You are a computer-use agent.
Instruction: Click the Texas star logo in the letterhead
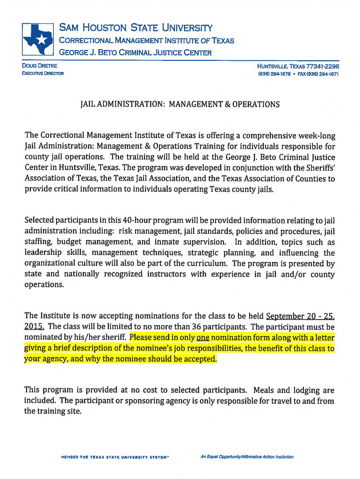[x=39, y=39]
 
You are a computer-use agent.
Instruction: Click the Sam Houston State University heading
[x=135, y=28]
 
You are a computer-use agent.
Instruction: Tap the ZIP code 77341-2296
[x=323, y=66]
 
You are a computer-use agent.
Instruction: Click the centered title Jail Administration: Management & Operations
[x=180, y=104]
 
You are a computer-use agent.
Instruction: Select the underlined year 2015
[x=35, y=326]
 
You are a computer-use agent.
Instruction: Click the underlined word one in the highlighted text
[x=202, y=337]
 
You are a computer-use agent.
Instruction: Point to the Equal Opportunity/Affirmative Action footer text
[x=247, y=457]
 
